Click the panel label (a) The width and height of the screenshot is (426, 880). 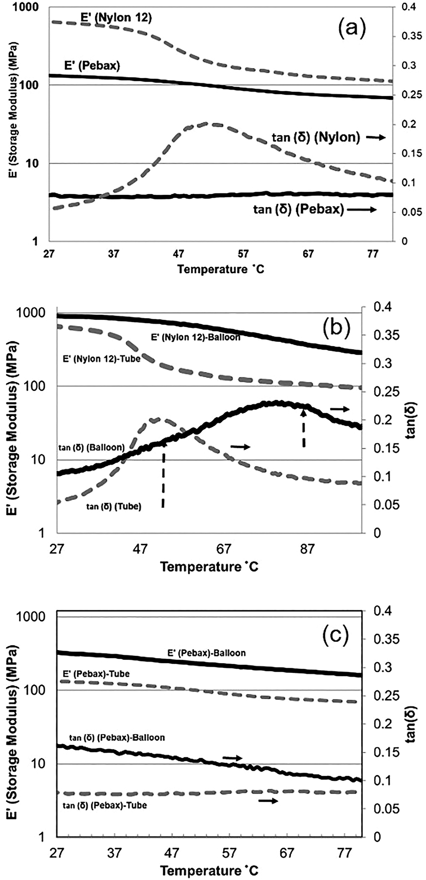pyautogui.click(x=352, y=29)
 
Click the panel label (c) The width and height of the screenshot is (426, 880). pyautogui.click(x=335, y=634)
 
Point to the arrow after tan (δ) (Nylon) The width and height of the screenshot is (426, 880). pyautogui.click(x=375, y=137)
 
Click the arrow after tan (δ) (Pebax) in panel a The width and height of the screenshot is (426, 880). pyautogui.click(x=361, y=210)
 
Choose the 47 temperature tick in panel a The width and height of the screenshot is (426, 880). pyautogui.click(x=178, y=254)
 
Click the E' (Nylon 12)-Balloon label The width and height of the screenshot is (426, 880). pyautogui.click(x=196, y=337)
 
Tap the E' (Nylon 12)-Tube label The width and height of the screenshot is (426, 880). pyautogui.click(x=102, y=359)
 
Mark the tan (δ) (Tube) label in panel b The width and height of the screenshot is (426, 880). pyautogui.click(x=114, y=507)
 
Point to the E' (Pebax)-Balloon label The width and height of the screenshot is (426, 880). pyautogui.click(x=206, y=652)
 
